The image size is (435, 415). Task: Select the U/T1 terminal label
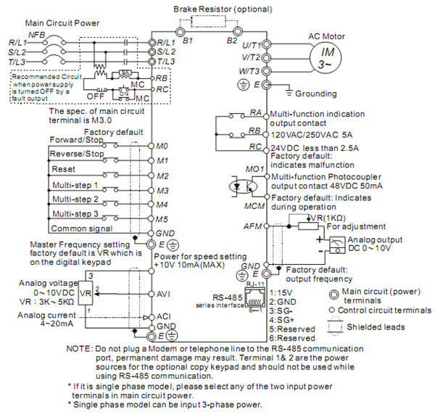click(x=250, y=44)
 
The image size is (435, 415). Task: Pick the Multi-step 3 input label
click(x=74, y=213)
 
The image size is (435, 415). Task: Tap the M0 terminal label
click(x=162, y=146)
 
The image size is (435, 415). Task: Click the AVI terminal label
click(x=163, y=295)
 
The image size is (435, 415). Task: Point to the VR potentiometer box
click(x=86, y=295)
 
